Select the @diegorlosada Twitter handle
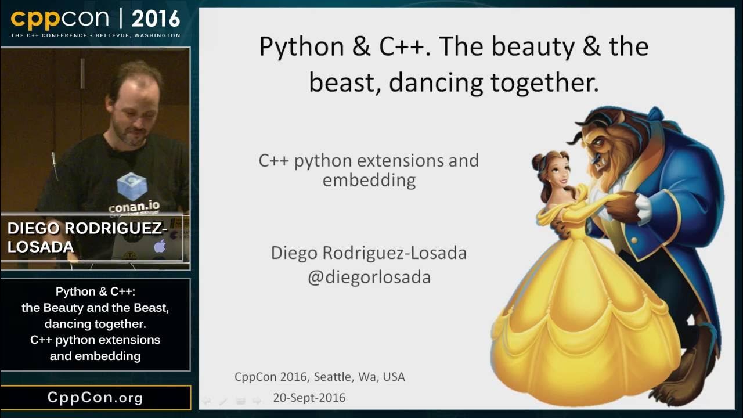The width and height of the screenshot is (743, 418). [x=369, y=277]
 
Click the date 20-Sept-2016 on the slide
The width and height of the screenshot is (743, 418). [x=309, y=398]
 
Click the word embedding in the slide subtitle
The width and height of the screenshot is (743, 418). [x=369, y=180]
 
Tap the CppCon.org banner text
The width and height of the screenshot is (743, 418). [x=95, y=398]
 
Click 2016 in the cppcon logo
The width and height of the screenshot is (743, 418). [x=156, y=20]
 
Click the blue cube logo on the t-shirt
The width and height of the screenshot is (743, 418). [x=131, y=186]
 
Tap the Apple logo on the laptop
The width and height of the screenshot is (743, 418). [x=160, y=246]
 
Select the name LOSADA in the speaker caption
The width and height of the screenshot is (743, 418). [x=41, y=247]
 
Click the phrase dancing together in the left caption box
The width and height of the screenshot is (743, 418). [x=95, y=324]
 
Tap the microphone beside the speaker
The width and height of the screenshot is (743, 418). [x=54, y=165]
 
